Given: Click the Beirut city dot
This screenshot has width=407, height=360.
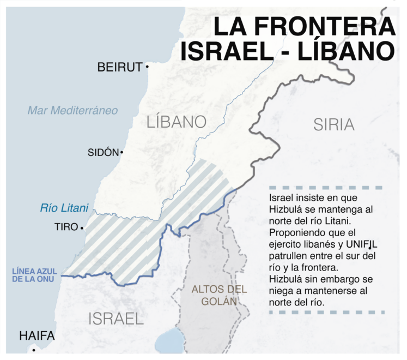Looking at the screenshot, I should [147, 67].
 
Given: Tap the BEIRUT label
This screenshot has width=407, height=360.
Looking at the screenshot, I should [119, 67].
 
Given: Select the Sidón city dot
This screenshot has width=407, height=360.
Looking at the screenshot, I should [122, 153].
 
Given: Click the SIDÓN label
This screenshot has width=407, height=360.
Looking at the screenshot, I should [102, 153].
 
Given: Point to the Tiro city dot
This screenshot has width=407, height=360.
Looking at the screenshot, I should [82, 227].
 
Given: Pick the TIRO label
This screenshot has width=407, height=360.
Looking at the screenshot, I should [66, 227].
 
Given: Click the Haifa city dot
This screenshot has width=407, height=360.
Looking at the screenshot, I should [34, 350].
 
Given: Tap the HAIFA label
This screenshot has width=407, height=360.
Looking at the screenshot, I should [37, 336].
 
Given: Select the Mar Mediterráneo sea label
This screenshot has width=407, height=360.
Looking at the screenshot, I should [72, 110].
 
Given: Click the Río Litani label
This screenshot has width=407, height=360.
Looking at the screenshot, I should [64, 208].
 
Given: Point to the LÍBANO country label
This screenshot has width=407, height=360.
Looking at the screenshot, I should [176, 122].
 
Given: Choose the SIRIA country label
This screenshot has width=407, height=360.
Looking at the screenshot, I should [333, 124].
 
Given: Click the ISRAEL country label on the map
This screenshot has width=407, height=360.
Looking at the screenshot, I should [116, 318].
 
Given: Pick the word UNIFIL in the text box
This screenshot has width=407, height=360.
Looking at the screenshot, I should [361, 244].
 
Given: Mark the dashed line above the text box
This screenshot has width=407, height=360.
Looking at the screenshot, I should [326, 188].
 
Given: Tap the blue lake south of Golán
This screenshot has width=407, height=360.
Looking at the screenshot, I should [170, 342].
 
